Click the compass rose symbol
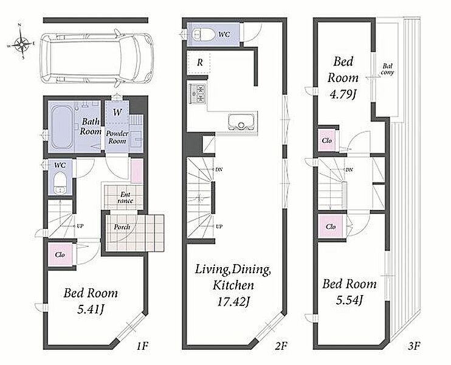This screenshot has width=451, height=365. pos(20,44)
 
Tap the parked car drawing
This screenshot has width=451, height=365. pos(97,58)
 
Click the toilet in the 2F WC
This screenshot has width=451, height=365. pos(204,34)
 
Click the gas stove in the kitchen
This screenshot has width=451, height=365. pos(197,93)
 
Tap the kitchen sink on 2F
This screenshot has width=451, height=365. pos(241,122)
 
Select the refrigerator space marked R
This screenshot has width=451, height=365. pos(199,63)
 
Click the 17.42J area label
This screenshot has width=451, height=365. pos(233,302)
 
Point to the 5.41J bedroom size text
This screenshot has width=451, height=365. pos(91,310)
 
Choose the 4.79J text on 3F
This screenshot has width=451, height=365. pos(343,94)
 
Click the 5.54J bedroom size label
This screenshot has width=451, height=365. pos(349,301)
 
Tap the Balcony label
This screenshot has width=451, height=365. pos(387,69)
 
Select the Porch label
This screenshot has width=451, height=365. pos(122,227)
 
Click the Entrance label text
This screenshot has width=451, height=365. pos(125,198)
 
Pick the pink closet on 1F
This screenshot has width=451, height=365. pos(60,255)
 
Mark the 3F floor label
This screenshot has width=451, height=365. pos(414,346)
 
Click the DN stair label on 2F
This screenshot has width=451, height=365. pos(219,170)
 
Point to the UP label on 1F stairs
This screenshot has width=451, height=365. pos(80,226)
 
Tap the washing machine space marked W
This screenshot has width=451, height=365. pos(117,112)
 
